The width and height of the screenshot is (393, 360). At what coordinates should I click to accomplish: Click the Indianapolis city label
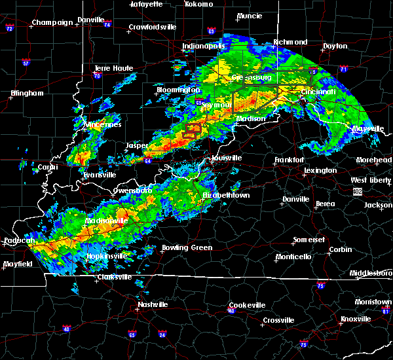[x=204, y=46]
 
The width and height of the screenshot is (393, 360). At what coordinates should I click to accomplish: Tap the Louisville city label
[x=227, y=158]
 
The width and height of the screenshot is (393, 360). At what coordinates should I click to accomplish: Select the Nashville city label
[x=152, y=304]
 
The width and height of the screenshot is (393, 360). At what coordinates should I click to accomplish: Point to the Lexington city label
[x=321, y=171]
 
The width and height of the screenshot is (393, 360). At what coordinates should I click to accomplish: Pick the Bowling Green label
[x=187, y=248]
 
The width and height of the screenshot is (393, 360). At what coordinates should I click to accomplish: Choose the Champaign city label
[x=53, y=22]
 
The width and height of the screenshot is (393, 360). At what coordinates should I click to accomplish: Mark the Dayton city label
[x=335, y=46]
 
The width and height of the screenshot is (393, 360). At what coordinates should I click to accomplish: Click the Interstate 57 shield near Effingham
[x=26, y=63]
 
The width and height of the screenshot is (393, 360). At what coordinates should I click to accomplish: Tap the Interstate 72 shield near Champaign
[x=9, y=29]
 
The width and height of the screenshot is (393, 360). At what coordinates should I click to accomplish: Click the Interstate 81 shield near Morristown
[x=387, y=311]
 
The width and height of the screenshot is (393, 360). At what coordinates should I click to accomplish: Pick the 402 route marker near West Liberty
[x=357, y=191]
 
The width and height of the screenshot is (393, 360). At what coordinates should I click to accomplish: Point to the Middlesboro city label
[x=371, y=272]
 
